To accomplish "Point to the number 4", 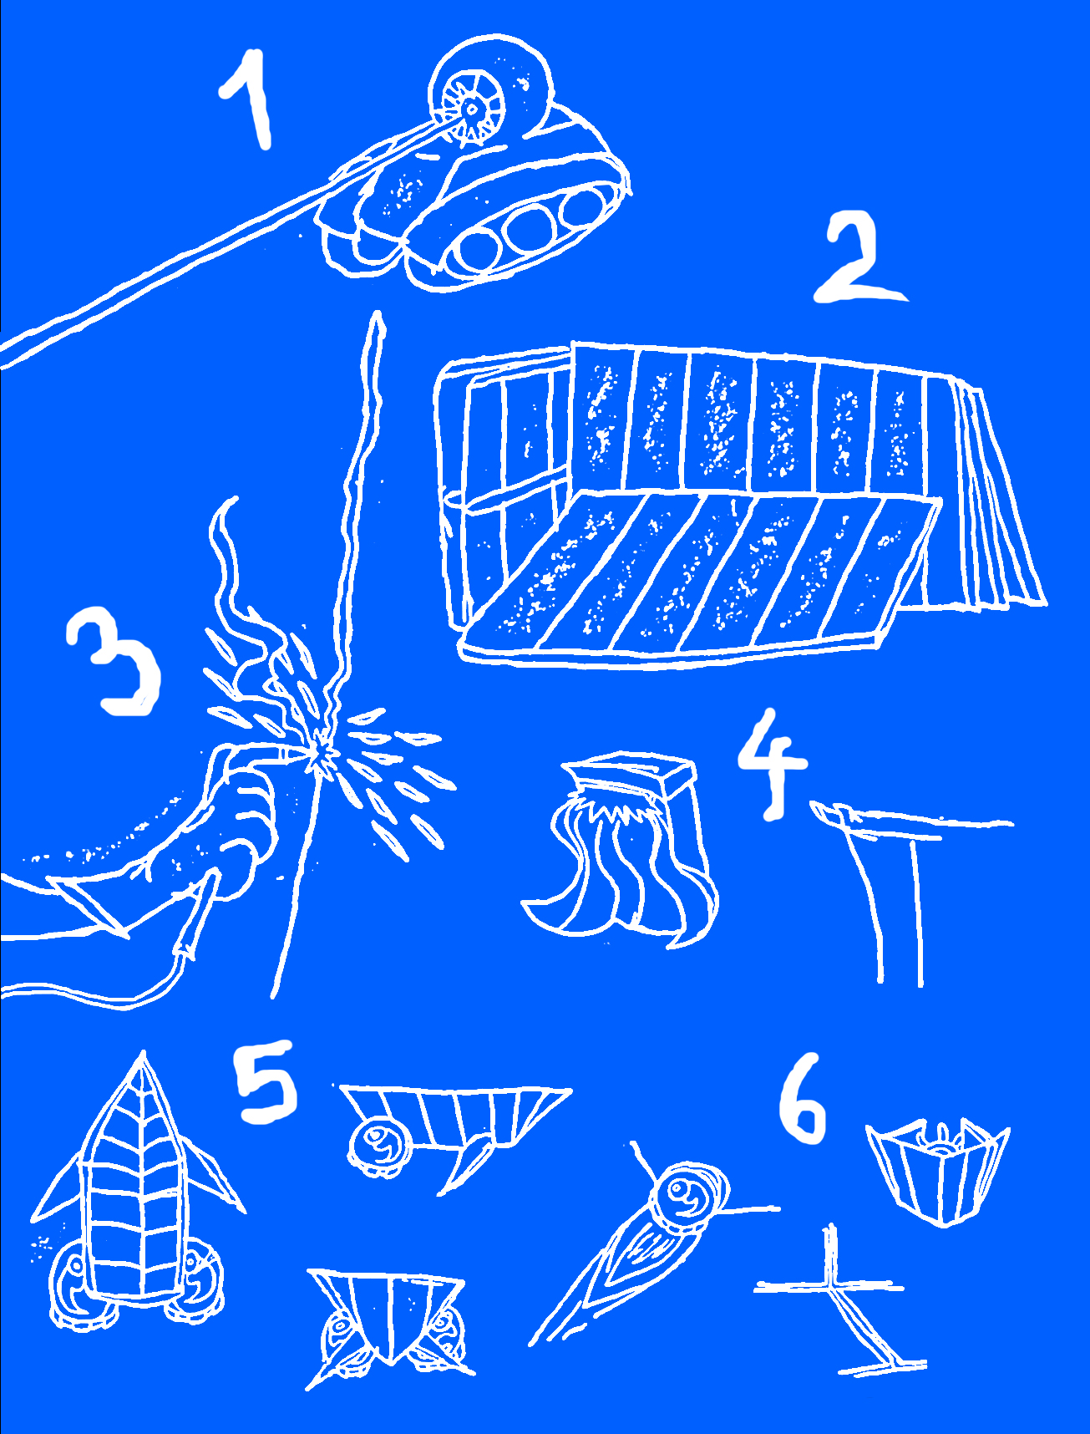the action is [x=773, y=762].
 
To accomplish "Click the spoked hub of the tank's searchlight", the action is [x=469, y=107].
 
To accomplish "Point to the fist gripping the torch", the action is [x=242, y=815].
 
